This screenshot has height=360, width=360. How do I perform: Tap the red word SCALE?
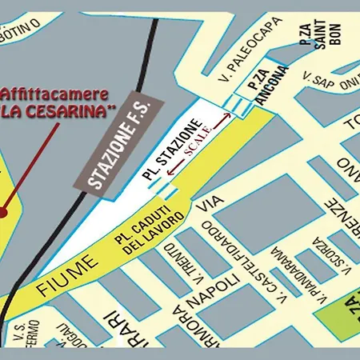[198, 139]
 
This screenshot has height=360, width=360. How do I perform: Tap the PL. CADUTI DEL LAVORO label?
[152, 229]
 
